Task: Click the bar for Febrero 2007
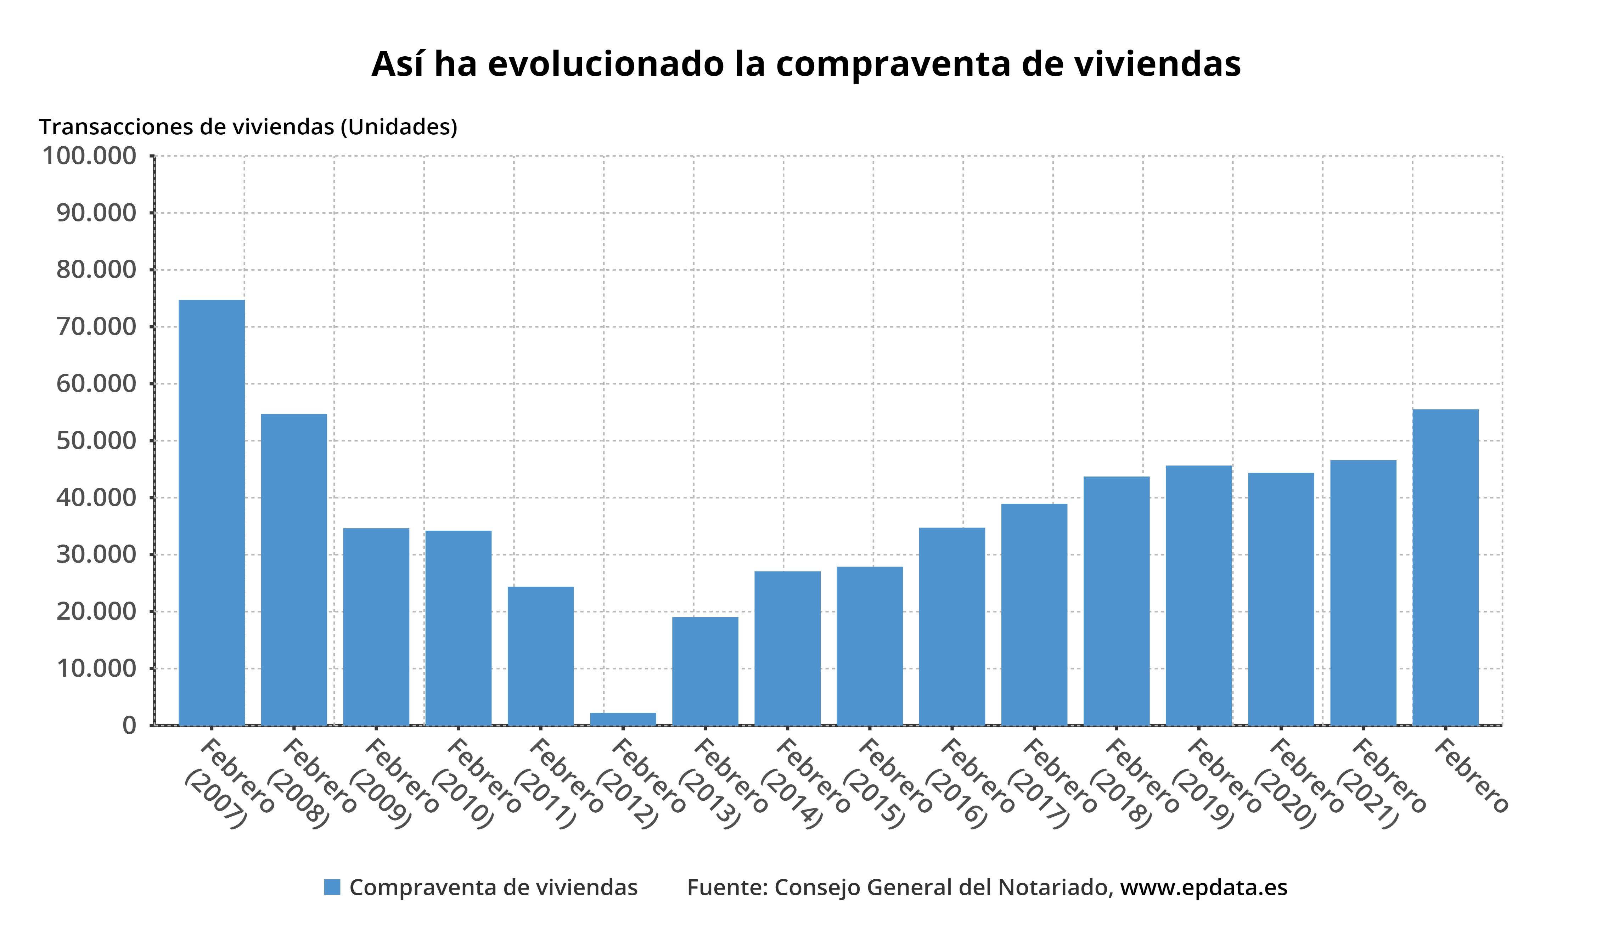coord(211,512)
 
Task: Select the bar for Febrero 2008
coord(294,569)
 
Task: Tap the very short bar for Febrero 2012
coord(623,718)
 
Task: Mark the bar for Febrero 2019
coord(1198,595)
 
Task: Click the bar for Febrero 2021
coord(1363,592)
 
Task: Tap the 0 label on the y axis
coord(130,726)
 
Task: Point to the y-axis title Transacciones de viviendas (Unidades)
coord(248,127)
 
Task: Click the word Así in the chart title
coord(398,64)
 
